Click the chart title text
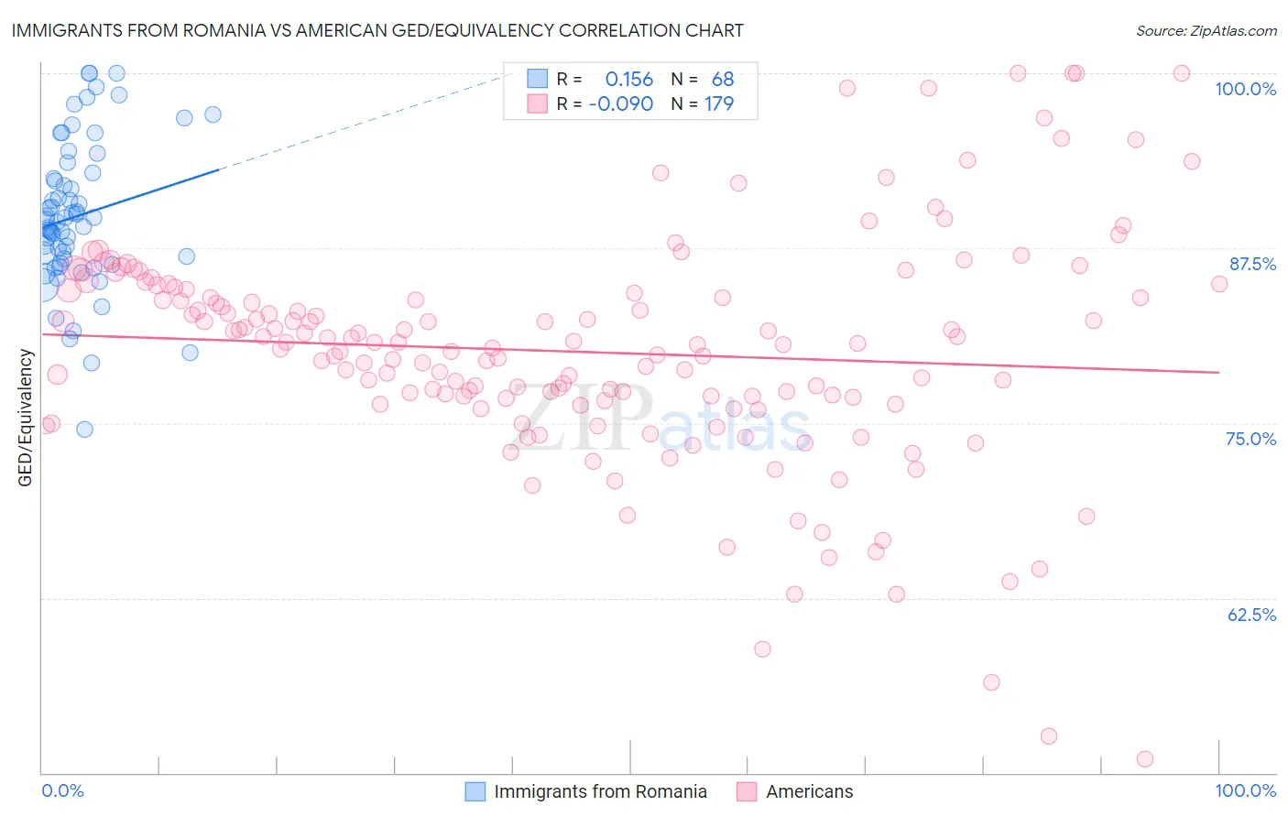click(377, 30)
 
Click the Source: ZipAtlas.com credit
click(1206, 31)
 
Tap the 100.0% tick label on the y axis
click(1245, 89)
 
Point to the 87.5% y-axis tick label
click(1251, 264)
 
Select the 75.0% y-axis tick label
click(1250, 439)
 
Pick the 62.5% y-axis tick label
click(1250, 615)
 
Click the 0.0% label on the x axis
click(62, 790)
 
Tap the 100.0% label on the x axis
click(1245, 790)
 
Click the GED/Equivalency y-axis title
click(26, 418)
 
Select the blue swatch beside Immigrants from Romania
click(475, 791)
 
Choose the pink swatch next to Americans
click(747, 791)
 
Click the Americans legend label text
click(809, 791)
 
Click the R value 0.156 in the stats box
click(628, 80)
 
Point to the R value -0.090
click(620, 104)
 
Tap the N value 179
click(718, 104)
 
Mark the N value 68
click(722, 80)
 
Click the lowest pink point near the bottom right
click(1144, 758)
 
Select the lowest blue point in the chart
click(84, 429)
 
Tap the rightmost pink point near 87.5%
click(1218, 284)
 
